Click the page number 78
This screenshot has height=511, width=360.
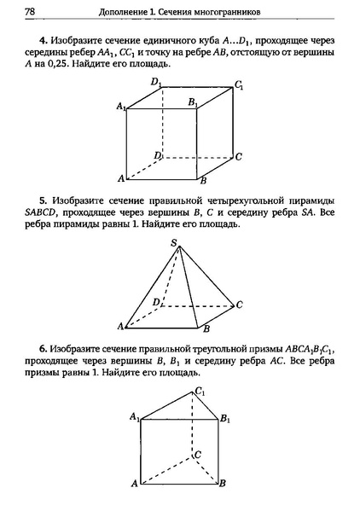pyautogui.click(x=31, y=11)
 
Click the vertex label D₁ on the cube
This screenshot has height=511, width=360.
pyautogui.click(x=156, y=82)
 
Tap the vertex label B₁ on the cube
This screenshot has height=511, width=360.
pyautogui.click(x=193, y=102)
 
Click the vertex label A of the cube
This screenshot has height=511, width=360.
pyautogui.click(x=120, y=177)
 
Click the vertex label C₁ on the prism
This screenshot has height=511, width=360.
pyautogui.click(x=200, y=392)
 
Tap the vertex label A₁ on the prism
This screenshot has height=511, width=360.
pyautogui.click(x=134, y=416)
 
